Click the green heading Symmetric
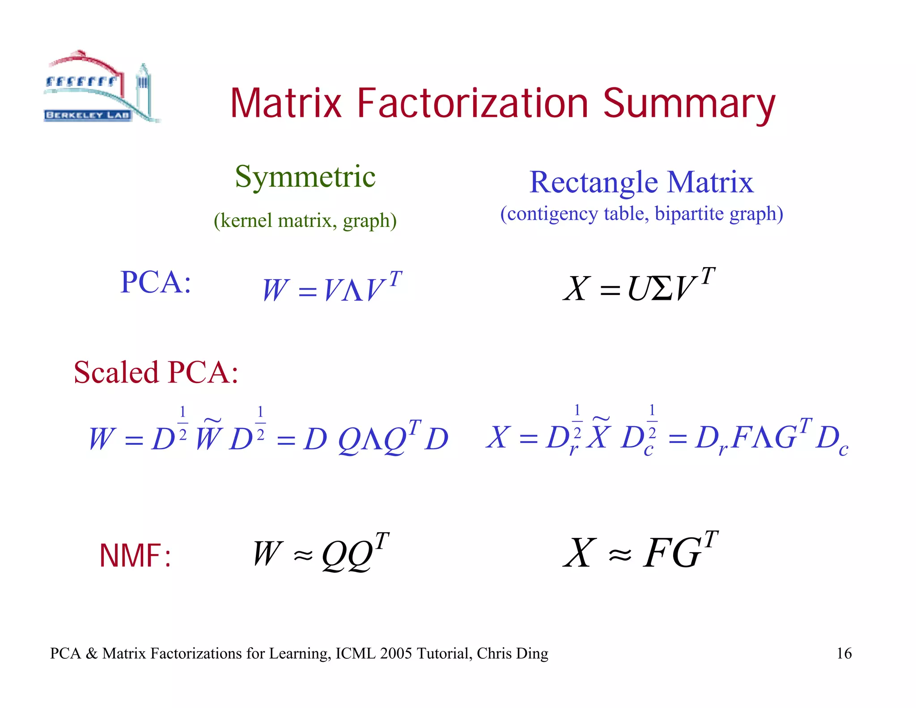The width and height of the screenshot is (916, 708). click(x=305, y=177)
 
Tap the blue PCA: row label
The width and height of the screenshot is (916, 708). click(x=156, y=282)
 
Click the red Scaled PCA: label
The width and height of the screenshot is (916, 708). click(x=156, y=372)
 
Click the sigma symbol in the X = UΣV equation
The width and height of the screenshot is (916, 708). click(x=662, y=288)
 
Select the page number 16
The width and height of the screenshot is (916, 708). click(x=844, y=653)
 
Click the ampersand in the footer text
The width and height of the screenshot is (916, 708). click(x=92, y=653)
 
